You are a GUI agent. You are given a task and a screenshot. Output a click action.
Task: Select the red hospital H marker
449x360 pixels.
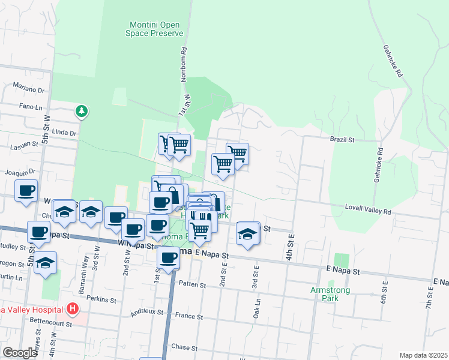[x=73, y=310]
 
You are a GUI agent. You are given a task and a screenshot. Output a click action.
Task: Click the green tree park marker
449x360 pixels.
[x=82, y=111]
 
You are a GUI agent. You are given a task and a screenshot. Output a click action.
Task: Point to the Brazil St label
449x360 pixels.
[x=343, y=139]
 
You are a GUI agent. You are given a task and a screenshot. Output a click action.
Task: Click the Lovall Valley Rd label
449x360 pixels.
[x=368, y=212]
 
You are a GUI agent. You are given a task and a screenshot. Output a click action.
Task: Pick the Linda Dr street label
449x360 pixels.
[x=65, y=133]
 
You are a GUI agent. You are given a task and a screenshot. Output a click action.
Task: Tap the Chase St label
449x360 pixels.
[x=184, y=347]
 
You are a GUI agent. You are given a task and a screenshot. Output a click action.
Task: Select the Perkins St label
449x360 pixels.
[x=101, y=299]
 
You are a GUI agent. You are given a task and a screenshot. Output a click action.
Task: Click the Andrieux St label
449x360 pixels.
[x=147, y=312]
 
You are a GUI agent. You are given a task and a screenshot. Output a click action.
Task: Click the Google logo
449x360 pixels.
[x=20, y=353]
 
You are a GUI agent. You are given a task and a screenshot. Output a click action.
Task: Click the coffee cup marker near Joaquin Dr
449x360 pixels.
[x=26, y=191]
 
